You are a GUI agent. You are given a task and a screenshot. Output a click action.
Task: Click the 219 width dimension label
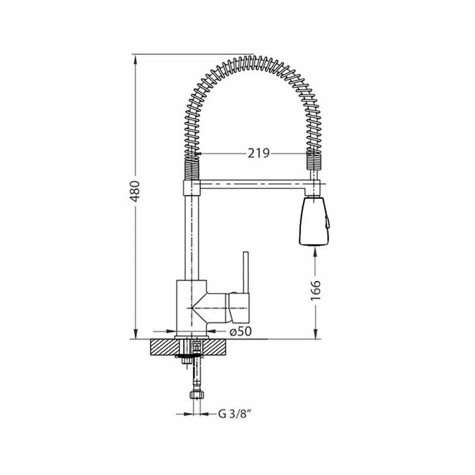[x=258, y=153]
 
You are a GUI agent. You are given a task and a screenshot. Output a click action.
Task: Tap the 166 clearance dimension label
[x=315, y=291]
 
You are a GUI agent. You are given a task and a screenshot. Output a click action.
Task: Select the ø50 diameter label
[x=240, y=332]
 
